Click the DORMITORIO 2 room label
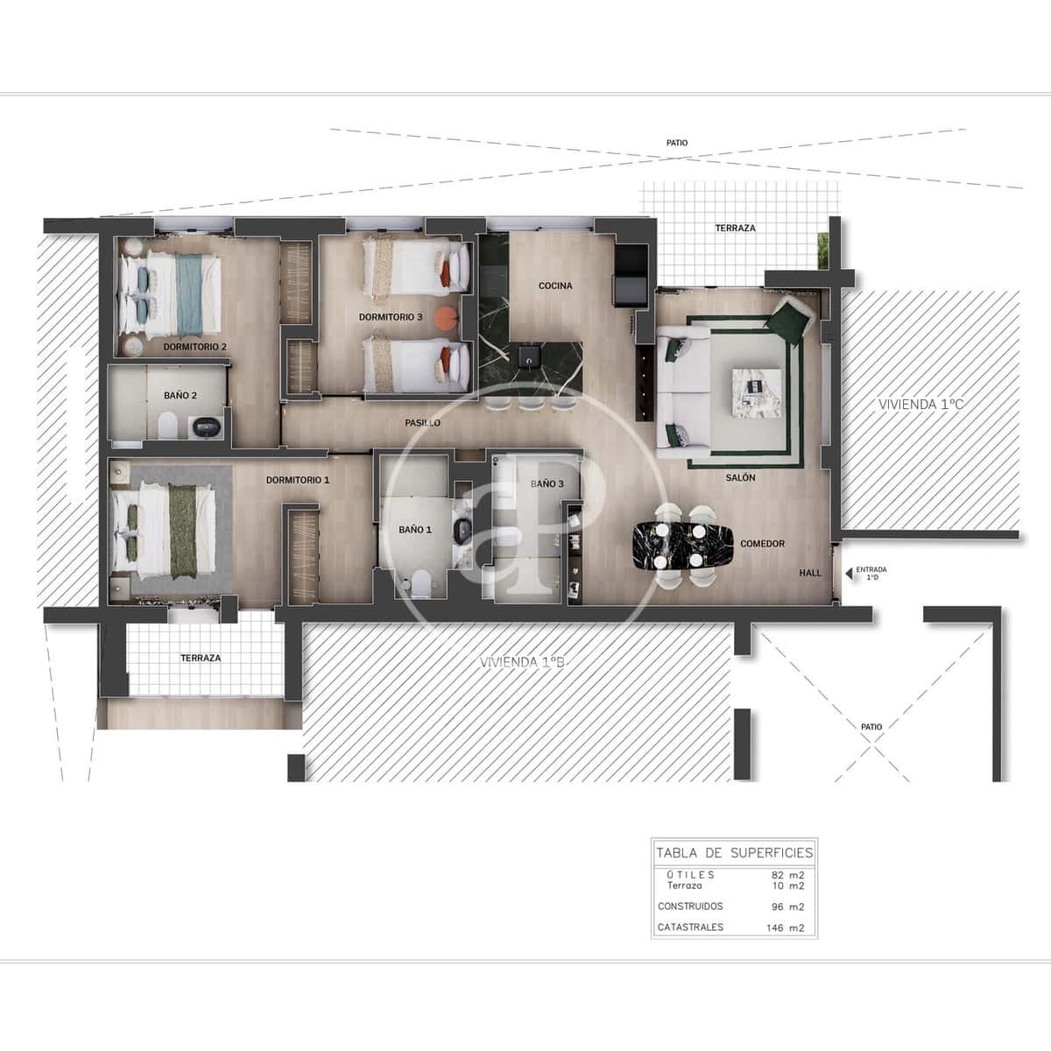pos(194,347)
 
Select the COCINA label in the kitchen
pos(555,286)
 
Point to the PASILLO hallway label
pos(422,423)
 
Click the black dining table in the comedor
pos(683,544)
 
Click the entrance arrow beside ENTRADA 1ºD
pos(847,575)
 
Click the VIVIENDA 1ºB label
pos(523,663)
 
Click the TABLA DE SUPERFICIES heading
pos(734,853)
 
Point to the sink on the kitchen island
pos(529,356)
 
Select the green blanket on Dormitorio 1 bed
pos(184,533)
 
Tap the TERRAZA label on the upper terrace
pos(734,228)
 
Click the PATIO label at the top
pos(676,143)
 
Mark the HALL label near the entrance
pos(810,573)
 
